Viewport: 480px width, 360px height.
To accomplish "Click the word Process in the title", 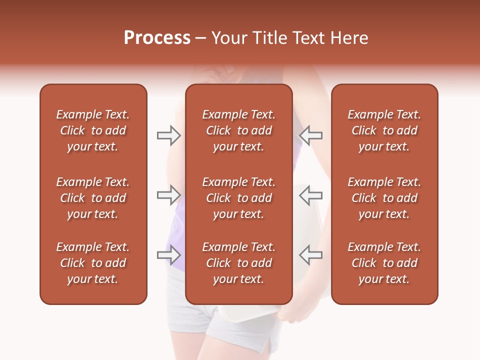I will click(x=157, y=38).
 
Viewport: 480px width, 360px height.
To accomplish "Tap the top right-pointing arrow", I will click(x=168, y=135).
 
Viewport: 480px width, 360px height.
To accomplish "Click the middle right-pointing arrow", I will click(x=168, y=195).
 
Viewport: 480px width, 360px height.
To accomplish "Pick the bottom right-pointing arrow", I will click(x=168, y=255).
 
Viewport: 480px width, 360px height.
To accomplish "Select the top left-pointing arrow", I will click(x=310, y=135).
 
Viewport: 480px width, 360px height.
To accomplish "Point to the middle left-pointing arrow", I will click(x=310, y=195).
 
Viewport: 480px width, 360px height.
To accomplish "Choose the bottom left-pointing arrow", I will click(x=310, y=255).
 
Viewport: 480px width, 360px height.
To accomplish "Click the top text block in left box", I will click(x=93, y=130).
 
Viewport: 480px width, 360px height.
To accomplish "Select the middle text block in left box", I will click(x=93, y=198).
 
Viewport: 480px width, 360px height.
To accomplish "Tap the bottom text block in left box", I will click(x=93, y=263).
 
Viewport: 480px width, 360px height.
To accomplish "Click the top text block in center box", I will click(x=238, y=130).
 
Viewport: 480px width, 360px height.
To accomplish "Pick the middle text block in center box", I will click(x=238, y=198).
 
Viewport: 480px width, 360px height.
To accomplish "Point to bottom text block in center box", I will click(x=238, y=263).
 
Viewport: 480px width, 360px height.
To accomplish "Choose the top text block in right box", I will click(x=384, y=130).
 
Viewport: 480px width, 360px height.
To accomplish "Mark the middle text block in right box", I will click(x=384, y=198).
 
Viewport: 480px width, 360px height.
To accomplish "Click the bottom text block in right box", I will click(x=384, y=263).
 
